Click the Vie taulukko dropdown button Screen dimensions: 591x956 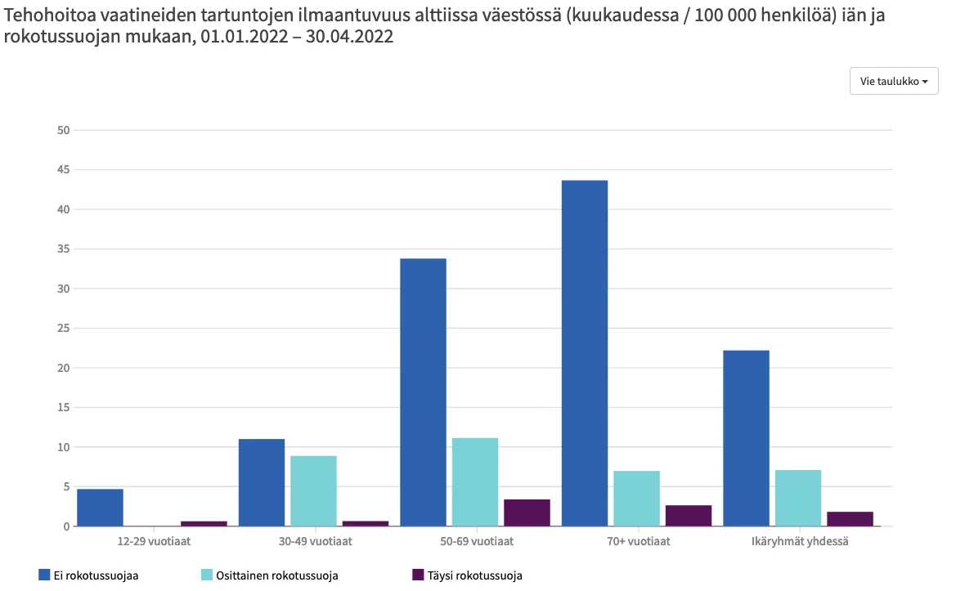tap(893, 82)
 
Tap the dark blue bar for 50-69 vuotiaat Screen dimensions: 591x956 tap(423, 392)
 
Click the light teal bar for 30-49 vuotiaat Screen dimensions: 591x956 tap(313, 490)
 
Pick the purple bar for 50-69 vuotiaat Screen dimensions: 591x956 tap(527, 513)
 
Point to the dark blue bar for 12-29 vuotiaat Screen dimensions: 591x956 tap(100, 508)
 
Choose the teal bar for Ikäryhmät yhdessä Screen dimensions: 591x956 tap(797, 498)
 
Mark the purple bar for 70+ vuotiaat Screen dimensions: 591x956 tap(688, 516)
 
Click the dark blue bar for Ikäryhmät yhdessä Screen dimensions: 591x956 tap(746, 438)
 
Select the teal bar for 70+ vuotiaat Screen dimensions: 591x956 tap(635, 499)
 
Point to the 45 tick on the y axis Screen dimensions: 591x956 tap(64, 170)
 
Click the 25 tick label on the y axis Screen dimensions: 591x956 tap(64, 329)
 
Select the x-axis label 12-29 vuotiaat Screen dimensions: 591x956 tap(150, 541)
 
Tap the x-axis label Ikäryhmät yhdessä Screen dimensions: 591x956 tap(800, 541)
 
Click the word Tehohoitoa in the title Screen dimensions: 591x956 tap(45, 15)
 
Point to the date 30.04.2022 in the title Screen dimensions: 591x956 tap(349, 38)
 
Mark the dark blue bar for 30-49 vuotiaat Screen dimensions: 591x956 tap(262, 482)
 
